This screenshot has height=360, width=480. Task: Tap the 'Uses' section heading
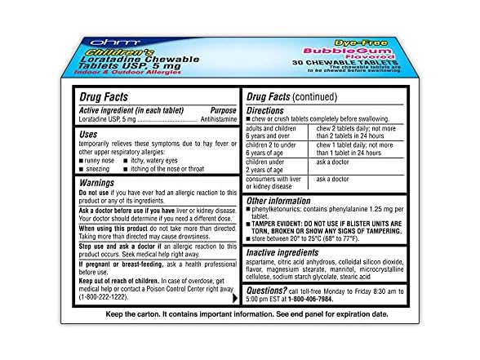click(x=90, y=134)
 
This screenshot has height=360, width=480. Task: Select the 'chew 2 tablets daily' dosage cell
click(x=352, y=132)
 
